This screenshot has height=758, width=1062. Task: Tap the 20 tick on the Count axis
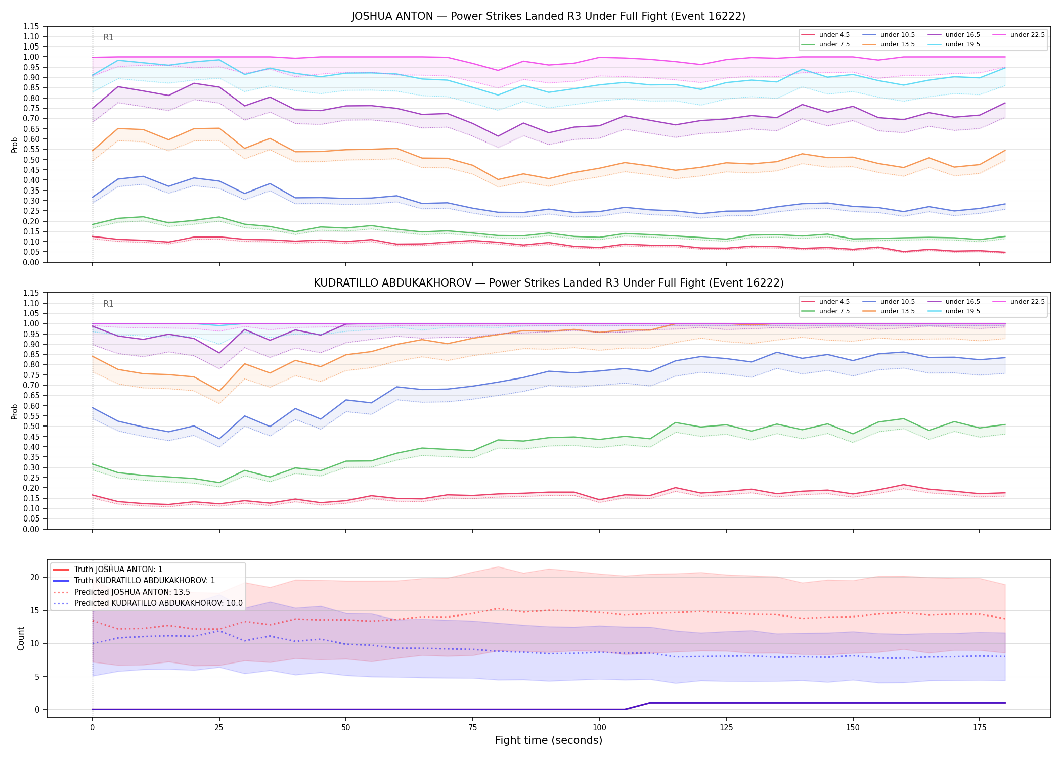click(35, 577)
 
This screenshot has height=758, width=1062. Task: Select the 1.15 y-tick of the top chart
click(32, 26)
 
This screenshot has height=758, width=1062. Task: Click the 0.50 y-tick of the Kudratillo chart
click(32, 426)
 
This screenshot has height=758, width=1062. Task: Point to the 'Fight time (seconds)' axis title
click(549, 740)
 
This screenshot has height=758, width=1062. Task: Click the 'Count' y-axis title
click(21, 638)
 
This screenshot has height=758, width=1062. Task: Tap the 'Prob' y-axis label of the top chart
click(15, 145)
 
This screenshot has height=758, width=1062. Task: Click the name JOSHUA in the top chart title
click(371, 16)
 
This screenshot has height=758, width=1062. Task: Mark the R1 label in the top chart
click(108, 37)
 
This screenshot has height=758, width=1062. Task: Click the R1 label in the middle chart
click(108, 304)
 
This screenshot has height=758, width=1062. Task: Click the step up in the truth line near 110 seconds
click(637, 706)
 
